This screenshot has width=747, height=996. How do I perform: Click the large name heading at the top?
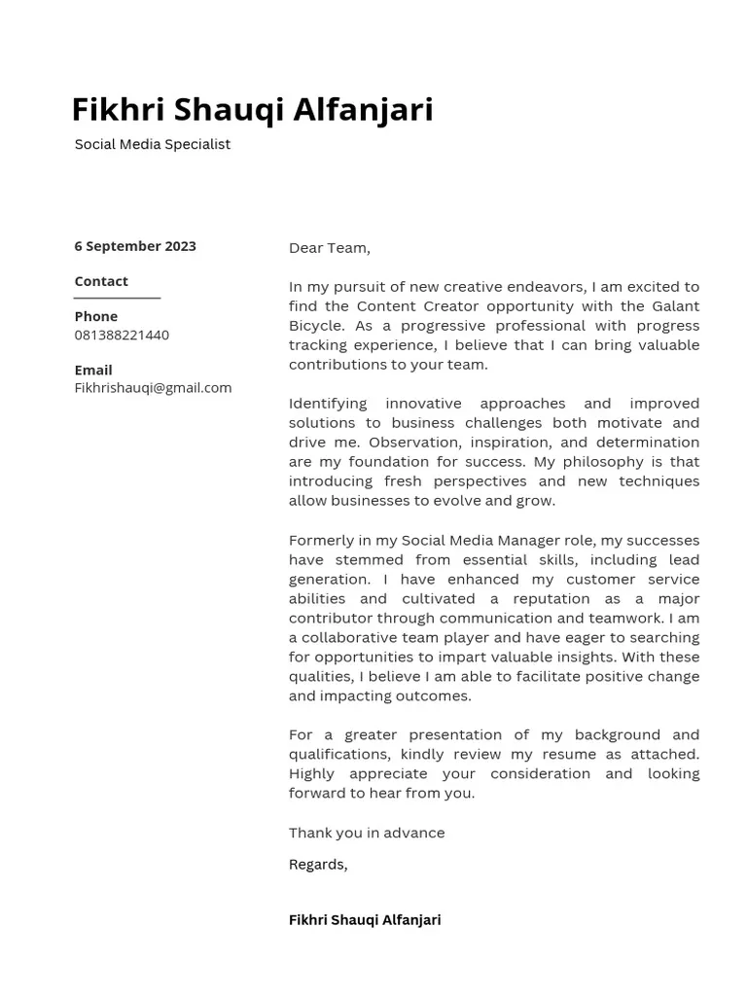point(252,110)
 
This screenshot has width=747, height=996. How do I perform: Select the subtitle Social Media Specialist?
point(153,144)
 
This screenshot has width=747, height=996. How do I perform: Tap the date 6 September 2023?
point(135,246)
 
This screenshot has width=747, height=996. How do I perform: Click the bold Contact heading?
point(101,281)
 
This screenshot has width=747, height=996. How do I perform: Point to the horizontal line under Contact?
point(117,298)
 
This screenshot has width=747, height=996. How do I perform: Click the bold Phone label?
point(95,316)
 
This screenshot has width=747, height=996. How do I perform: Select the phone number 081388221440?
point(122,335)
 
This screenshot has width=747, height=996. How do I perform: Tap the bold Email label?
point(93,370)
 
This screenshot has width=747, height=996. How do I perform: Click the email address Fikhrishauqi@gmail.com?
point(153,387)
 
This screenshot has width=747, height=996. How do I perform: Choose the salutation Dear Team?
point(329,248)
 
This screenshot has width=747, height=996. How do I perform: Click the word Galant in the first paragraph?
point(675,306)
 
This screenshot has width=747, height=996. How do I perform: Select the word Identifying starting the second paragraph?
point(327,404)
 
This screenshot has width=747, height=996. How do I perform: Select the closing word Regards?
point(318,864)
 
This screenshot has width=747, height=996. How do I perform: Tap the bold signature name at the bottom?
point(365,919)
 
